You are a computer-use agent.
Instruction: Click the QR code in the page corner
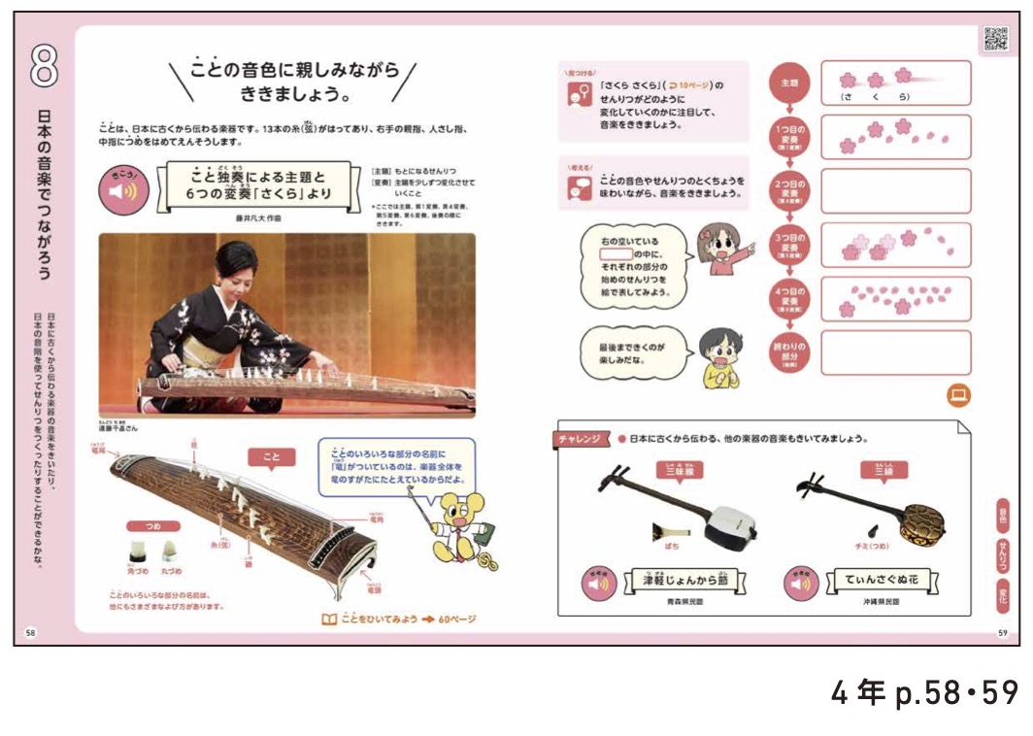pos(995,38)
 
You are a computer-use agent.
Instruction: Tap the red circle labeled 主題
pos(787,83)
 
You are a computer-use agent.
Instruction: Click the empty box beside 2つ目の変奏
pos(895,191)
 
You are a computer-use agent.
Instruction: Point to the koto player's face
pos(238,265)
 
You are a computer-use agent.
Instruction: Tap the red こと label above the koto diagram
pos(271,456)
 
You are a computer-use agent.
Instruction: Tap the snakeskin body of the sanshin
pos(923,524)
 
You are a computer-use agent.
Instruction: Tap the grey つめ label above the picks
pos(154,524)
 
